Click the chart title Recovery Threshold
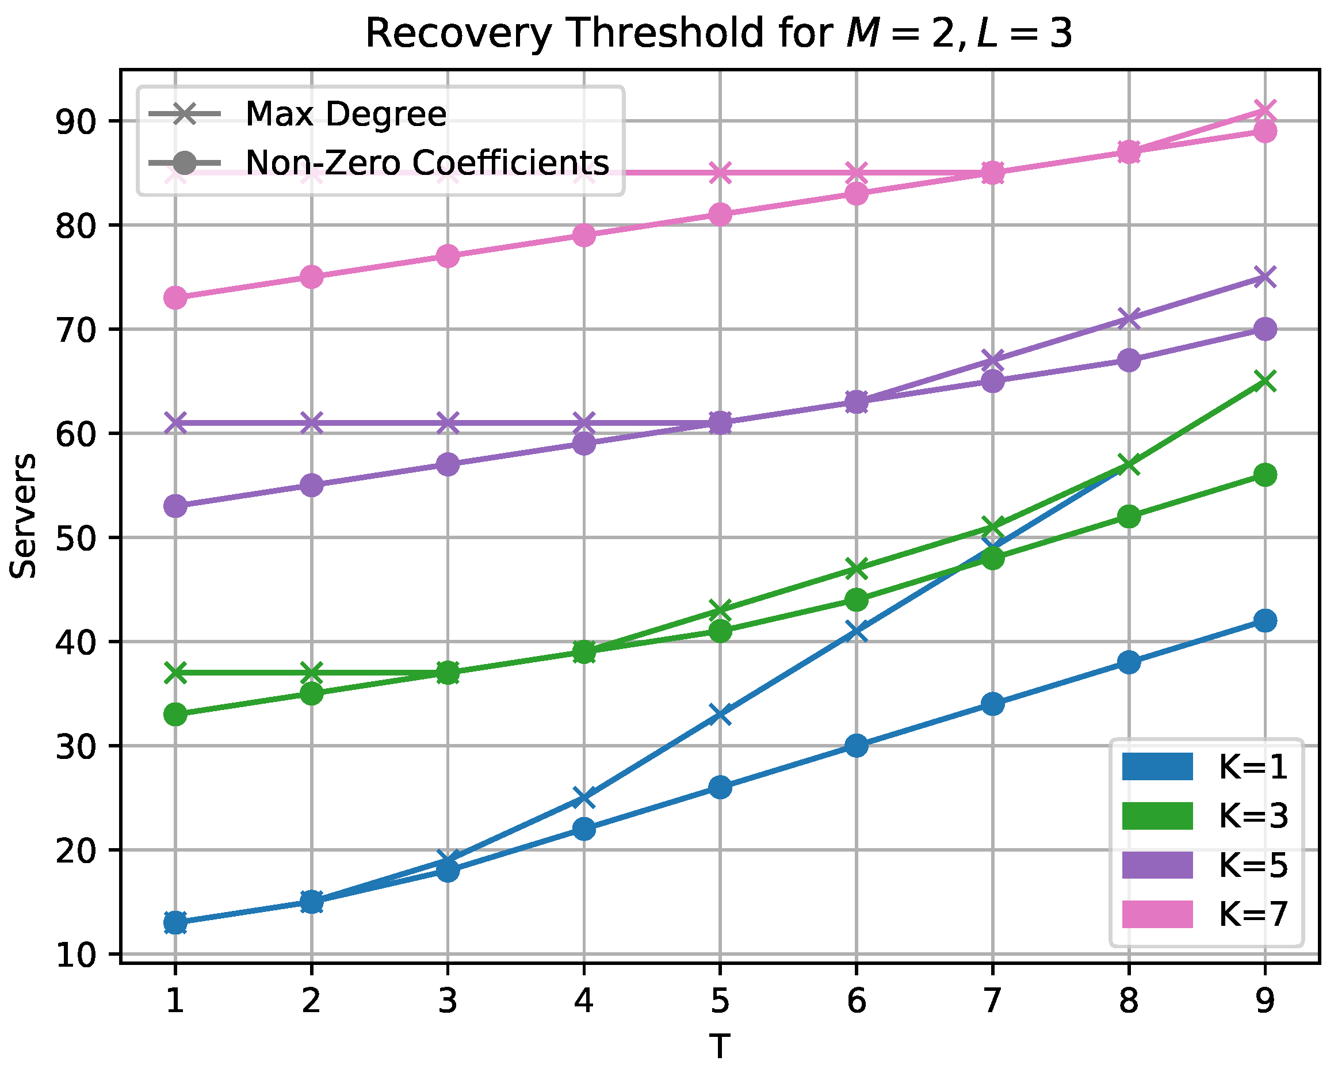tap(718, 33)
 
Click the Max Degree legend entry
tap(345, 114)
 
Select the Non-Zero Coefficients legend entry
tap(427, 163)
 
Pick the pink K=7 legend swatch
tap(1157, 914)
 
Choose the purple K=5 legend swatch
tap(1157, 865)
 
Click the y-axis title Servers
tap(24, 516)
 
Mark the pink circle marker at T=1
tap(175, 297)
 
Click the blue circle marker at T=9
tap(1264, 620)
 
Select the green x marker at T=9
tap(1264, 381)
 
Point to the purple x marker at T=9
tap(1264, 277)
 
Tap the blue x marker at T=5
tap(720, 714)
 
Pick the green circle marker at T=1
tap(175, 715)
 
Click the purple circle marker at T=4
tap(584, 444)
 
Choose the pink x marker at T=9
tap(1264, 110)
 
